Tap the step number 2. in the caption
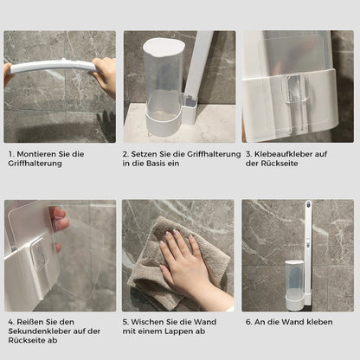pyautogui.click(x=125, y=153)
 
